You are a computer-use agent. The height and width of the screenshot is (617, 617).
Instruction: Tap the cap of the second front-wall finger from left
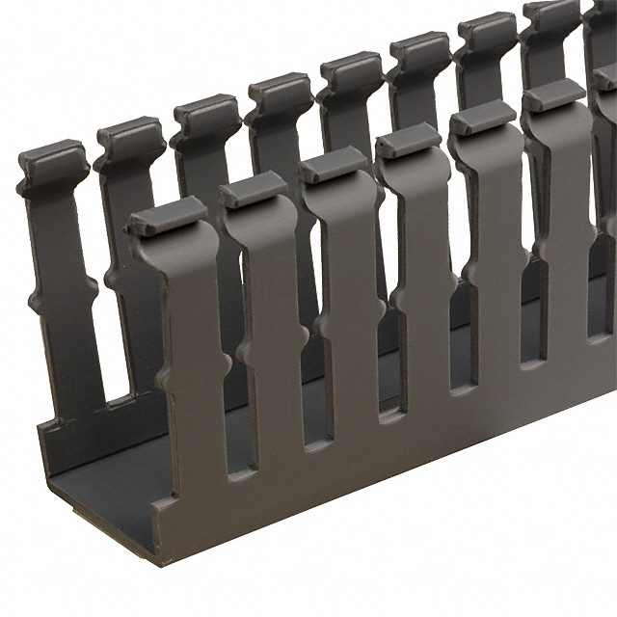pos(253,190)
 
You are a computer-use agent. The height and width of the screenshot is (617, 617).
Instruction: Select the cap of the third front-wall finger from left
pos(333,165)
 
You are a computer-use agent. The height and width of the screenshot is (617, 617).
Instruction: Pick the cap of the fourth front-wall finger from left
pos(408,142)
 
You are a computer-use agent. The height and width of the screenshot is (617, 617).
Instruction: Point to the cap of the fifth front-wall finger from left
pos(481,119)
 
